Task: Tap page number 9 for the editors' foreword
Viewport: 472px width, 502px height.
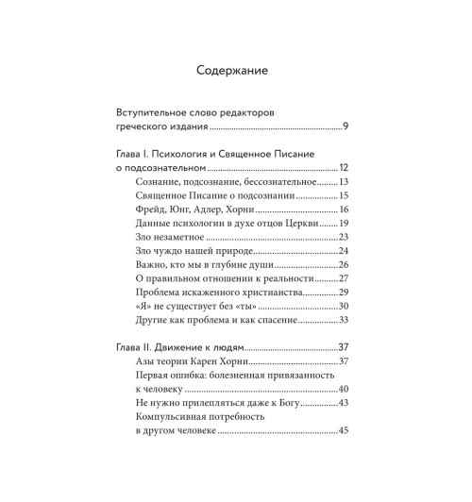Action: click(x=347, y=125)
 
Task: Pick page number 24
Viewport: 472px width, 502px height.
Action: click(x=345, y=250)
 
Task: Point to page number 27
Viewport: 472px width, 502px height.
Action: click(x=345, y=278)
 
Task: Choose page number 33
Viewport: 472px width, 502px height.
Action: click(x=345, y=321)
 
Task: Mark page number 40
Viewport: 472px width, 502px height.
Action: click(x=345, y=390)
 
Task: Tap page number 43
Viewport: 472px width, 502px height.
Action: click(x=345, y=404)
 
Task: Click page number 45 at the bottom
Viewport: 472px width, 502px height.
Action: click(x=345, y=431)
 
